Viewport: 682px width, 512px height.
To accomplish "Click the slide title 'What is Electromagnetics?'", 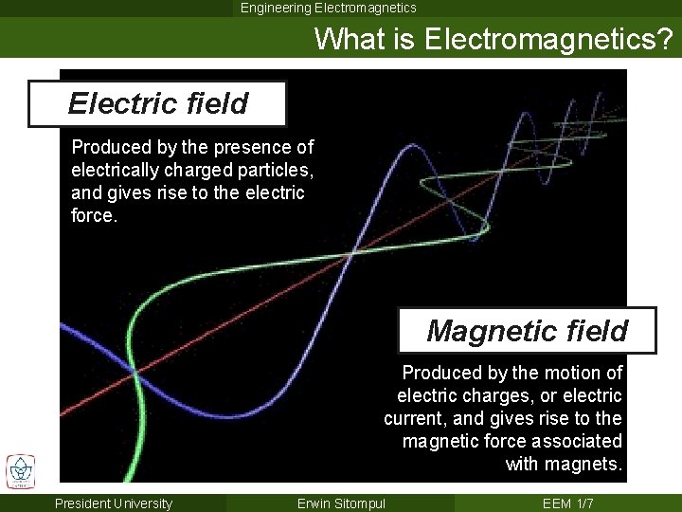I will [494, 39].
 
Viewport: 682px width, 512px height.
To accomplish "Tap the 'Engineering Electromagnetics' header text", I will [328, 8].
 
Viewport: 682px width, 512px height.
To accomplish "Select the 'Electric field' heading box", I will [157, 103].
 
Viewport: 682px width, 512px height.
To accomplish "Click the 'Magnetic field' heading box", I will [527, 331].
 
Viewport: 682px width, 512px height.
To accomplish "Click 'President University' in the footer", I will [114, 503].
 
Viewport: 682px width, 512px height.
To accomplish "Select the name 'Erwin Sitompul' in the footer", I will [341, 503].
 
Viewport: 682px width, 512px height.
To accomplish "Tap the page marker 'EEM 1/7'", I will [567, 503].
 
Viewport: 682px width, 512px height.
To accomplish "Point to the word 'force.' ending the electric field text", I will [93, 215].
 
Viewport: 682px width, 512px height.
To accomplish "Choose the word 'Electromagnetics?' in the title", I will [548, 39].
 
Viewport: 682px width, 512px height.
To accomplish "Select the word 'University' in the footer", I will [140, 503].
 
